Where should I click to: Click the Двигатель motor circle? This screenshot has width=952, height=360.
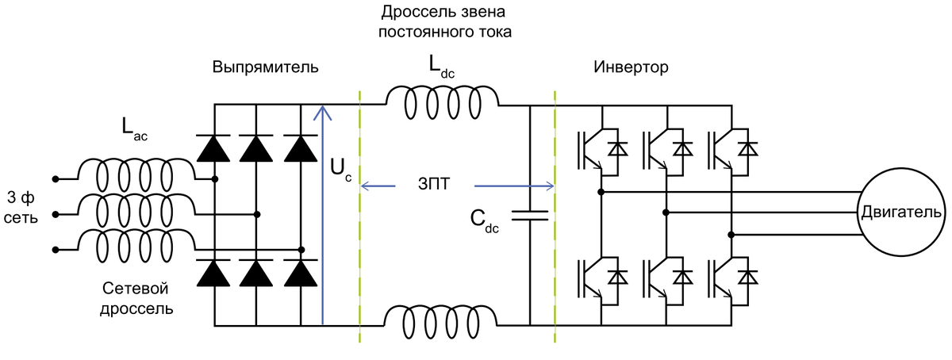tap(900, 213)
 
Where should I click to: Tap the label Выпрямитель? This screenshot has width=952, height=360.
tap(265, 67)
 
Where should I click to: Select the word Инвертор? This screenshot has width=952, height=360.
tap(631, 67)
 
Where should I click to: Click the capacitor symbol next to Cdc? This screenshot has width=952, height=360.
tap(529, 214)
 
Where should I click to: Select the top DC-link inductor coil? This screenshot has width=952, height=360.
tap(442, 101)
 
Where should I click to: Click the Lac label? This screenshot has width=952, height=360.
tap(135, 129)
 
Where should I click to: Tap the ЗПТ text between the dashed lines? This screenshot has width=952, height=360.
tap(434, 186)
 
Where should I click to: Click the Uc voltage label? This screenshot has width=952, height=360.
tap(340, 169)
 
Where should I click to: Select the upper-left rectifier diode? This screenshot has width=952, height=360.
tap(214, 148)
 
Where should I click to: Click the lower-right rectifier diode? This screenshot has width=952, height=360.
tap(300, 273)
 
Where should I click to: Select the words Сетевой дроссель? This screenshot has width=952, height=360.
tap(137, 297)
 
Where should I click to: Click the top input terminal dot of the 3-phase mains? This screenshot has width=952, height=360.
tap(56, 178)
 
